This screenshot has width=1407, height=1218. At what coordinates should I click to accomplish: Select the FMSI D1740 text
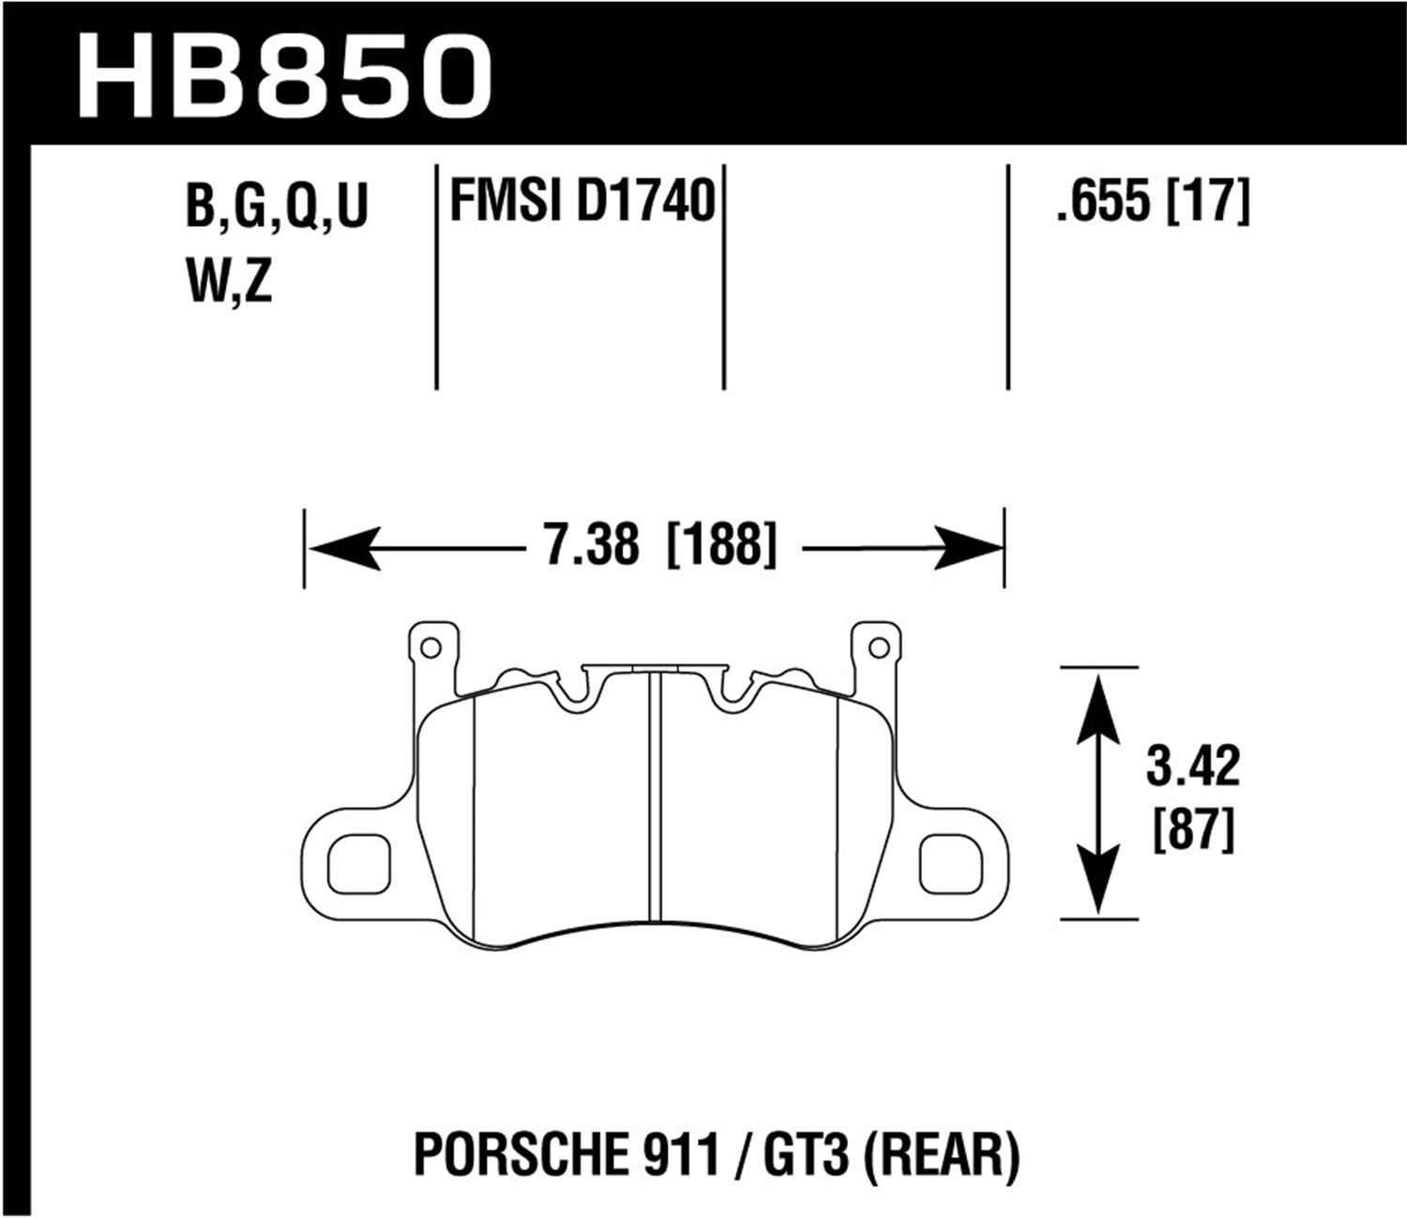tap(582, 201)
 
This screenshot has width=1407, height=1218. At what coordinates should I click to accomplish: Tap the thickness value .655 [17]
tap(1152, 201)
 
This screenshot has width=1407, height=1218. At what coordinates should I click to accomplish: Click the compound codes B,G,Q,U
tap(278, 207)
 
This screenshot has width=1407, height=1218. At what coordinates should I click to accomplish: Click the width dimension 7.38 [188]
tap(660, 545)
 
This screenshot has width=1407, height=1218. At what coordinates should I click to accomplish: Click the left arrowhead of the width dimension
tap(343, 549)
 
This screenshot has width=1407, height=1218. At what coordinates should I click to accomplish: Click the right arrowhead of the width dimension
tap(968, 549)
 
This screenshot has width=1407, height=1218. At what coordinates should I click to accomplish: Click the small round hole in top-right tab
tap(878, 647)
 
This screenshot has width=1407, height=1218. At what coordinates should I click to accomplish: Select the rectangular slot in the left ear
tap(358, 863)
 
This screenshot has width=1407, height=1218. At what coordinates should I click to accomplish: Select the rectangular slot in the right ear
tap(950, 863)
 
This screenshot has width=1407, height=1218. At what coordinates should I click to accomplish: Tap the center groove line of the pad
tap(656, 798)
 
